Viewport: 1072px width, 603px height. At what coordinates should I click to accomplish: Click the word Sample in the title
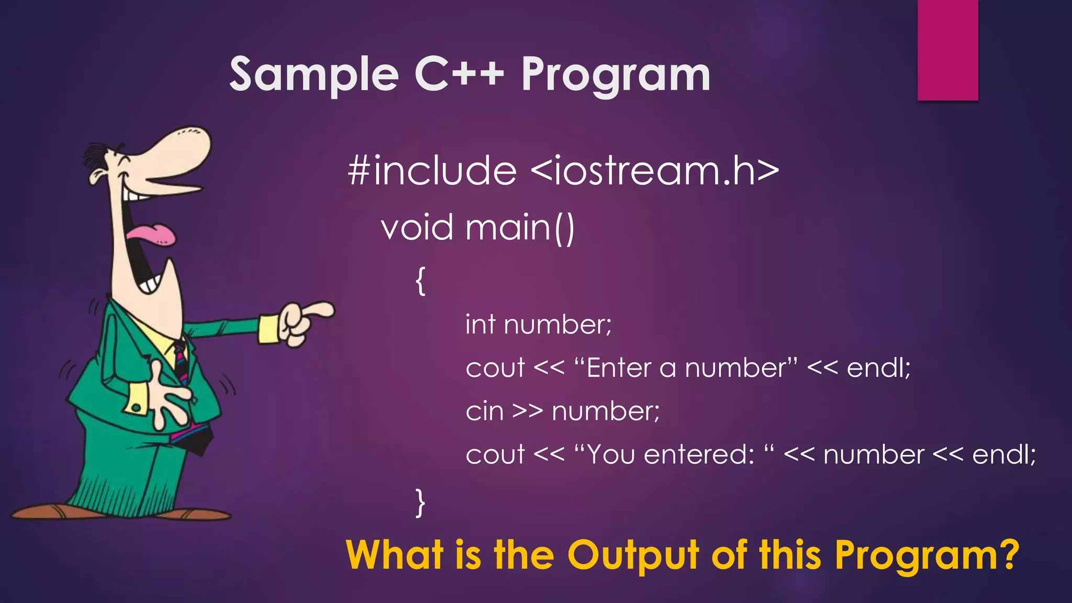tap(314, 74)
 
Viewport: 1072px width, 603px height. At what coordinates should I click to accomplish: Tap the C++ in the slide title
tap(459, 74)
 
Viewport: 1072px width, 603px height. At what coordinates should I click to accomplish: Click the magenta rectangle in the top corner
tap(947, 50)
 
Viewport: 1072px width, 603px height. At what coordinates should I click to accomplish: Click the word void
tap(417, 228)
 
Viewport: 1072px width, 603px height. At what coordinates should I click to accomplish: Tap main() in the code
tap(520, 228)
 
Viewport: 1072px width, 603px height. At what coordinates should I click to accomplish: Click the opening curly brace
tap(420, 281)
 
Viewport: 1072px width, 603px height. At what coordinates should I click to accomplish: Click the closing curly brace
tap(420, 502)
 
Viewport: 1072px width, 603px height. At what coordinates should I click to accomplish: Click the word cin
tap(484, 411)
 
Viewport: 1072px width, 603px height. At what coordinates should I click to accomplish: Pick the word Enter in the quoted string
tap(618, 368)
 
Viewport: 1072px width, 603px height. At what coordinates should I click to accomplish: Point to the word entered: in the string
tap(699, 454)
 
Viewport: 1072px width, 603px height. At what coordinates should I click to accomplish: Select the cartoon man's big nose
tap(178, 152)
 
